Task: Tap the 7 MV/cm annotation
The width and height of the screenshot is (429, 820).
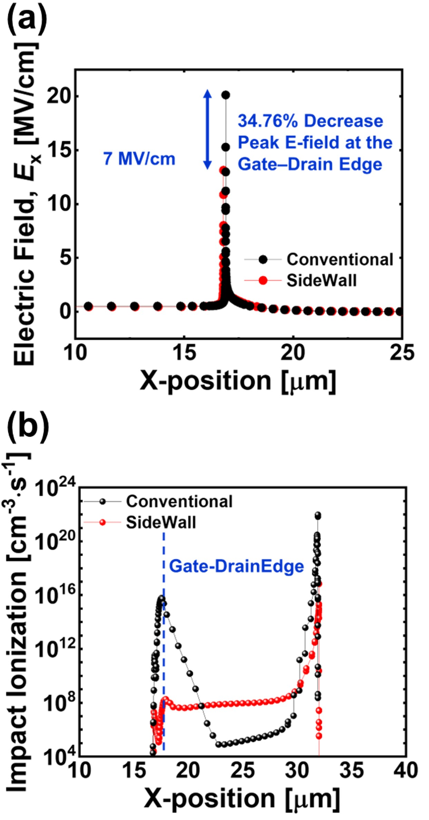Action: coord(139,159)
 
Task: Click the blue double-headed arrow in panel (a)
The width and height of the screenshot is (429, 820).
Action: coord(207,129)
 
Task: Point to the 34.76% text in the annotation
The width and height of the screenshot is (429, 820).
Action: coord(265,121)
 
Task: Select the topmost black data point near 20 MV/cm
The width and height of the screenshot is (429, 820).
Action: coord(226,95)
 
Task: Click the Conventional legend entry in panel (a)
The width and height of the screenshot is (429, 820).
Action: coord(340,260)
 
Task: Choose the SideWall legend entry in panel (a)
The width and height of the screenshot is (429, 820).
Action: coord(321,280)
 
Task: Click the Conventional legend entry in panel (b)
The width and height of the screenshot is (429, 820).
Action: coord(179,501)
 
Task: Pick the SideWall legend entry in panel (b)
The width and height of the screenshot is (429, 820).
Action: coord(160,523)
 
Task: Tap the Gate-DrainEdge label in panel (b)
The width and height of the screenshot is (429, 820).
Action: coord(236,566)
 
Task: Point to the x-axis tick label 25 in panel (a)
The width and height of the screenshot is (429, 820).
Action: coord(402,353)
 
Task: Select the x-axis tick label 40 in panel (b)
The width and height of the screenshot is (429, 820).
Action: coord(406,770)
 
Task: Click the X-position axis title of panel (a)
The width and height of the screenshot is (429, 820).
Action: coord(238,381)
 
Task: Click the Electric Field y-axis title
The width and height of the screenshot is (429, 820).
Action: coord(26,204)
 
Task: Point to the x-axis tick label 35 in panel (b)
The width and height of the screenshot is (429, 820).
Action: coord(352,770)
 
